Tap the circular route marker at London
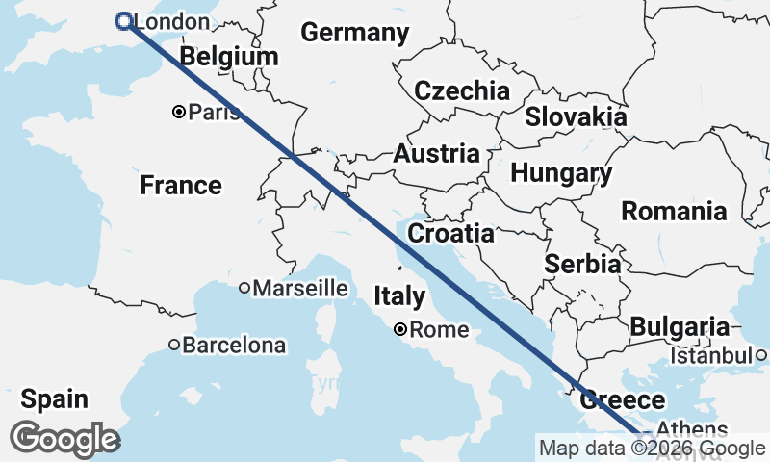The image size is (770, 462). [123, 21]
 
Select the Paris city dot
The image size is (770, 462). [179, 113]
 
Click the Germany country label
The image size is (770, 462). [354, 32]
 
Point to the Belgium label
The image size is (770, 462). [229, 57]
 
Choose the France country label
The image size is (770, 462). [181, 185]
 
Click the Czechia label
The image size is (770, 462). [462, 91]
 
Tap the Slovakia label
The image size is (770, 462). [576, 117]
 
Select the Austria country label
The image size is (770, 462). [436, 154]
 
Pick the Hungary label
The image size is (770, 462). [561, 173]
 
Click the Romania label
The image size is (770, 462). [674, 211]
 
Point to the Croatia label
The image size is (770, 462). [450, 234]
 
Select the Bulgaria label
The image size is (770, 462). [680, 326]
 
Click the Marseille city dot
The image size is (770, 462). [244, 288]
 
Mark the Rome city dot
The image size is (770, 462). [400, 330]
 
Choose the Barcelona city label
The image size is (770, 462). [235, 345]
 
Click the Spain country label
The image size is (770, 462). [54, 398]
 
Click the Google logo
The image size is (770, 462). [64, 439]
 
